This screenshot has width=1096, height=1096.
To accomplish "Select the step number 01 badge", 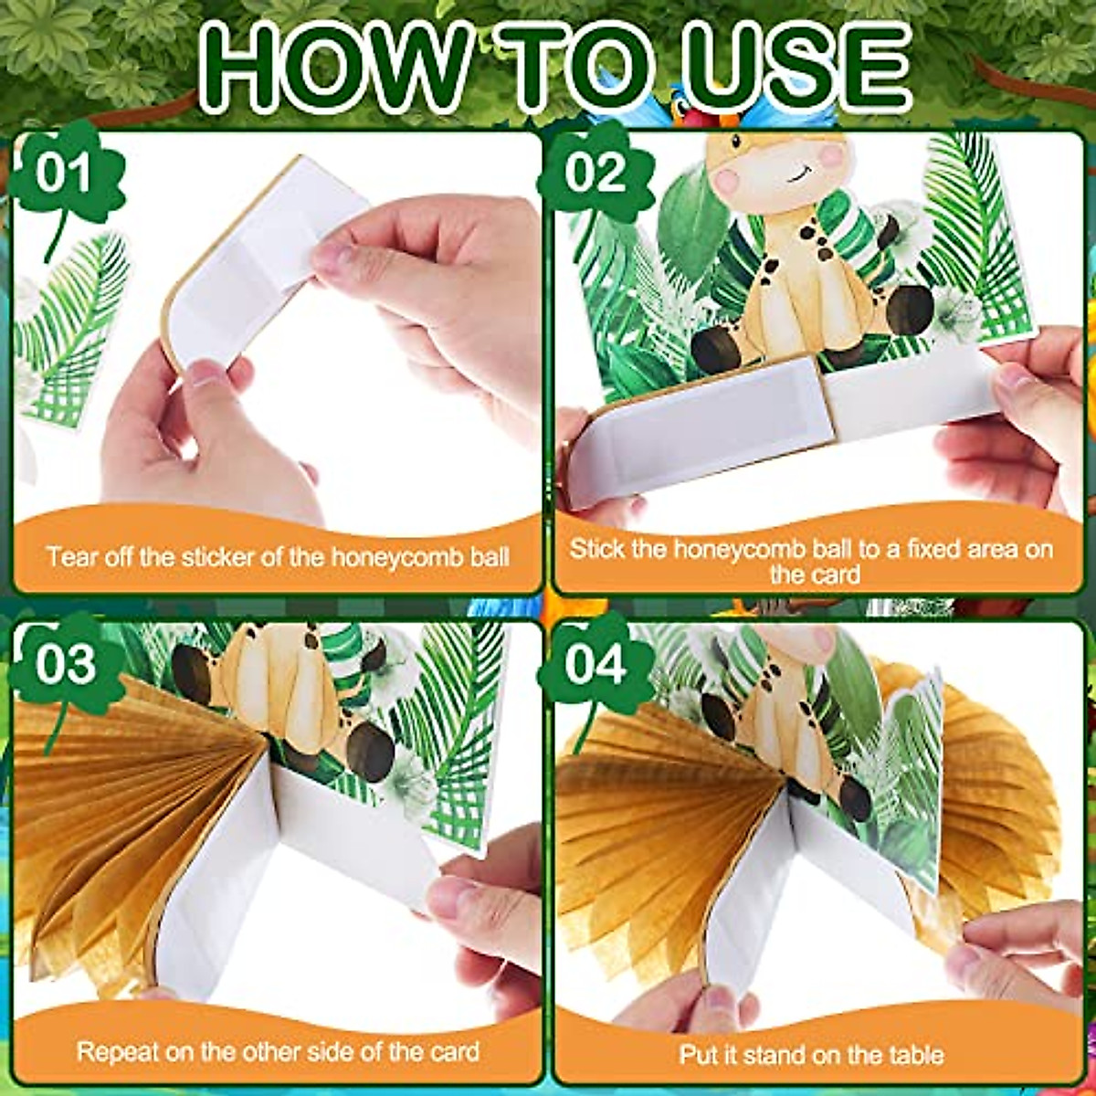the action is (x=63, y=173).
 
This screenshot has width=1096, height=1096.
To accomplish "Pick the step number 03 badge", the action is (x=64, y=663).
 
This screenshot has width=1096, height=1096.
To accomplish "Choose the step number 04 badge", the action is (x=595, y=663).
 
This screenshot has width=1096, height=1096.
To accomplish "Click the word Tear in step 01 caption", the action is (x=70, y=557).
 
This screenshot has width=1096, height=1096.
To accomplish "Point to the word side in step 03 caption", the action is (x=313, y=1037).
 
